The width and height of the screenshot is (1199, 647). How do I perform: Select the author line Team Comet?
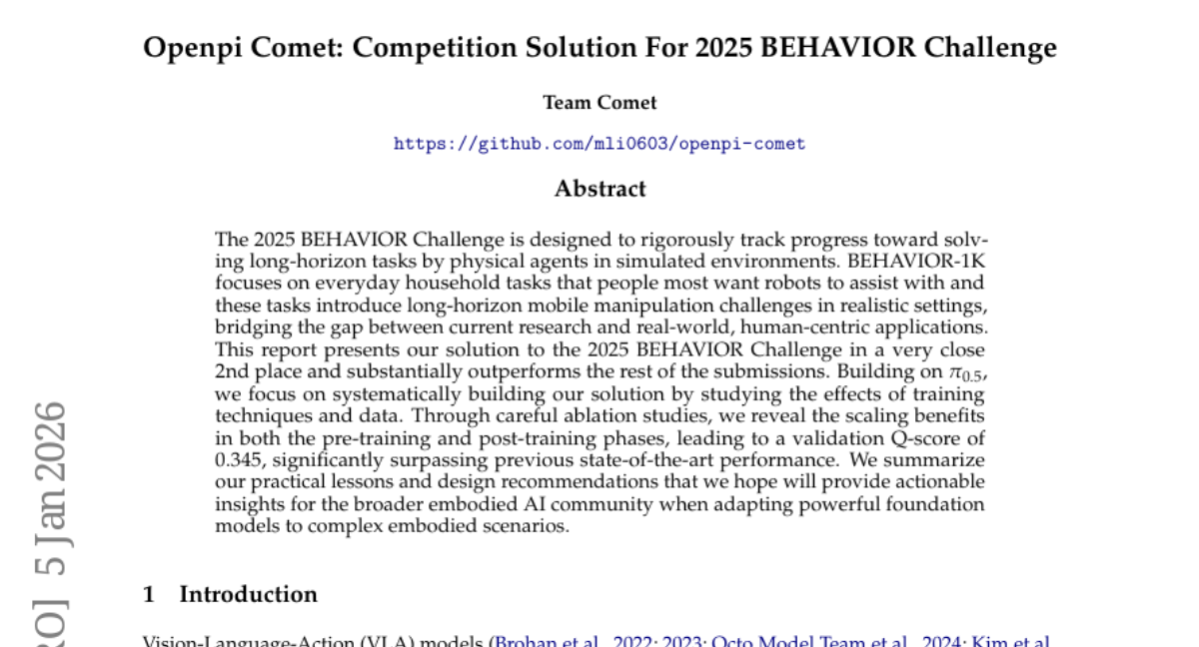point(599,103)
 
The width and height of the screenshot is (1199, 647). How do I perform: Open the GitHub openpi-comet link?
point(599,144)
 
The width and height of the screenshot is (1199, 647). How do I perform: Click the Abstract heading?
point(599,189)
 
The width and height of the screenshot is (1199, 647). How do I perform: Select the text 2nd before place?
point(234,371)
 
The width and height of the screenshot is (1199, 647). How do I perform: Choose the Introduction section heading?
point(248,595)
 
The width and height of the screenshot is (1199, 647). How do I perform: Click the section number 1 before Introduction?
point(149,595)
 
